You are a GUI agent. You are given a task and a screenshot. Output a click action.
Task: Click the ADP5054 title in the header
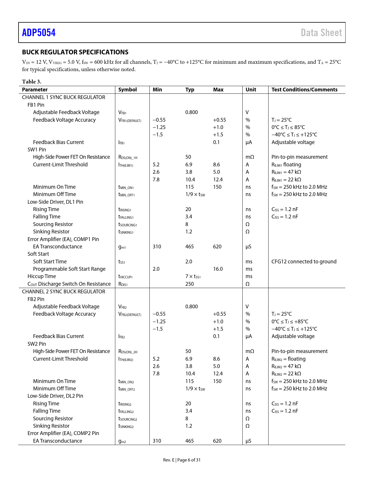(x=39, y=33)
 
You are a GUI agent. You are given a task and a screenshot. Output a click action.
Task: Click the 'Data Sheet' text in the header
(x=321, y=33)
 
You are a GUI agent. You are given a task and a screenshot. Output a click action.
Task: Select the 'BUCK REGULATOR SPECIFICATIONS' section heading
(x=75, y=52)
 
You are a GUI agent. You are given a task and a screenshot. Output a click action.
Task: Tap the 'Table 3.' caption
(x=31, y=81)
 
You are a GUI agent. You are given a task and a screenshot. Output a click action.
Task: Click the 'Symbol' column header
(x=127, y=90)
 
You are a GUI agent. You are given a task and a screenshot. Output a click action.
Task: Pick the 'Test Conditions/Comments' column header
(x=304, y=90)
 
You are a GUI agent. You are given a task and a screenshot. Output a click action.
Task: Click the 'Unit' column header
(x=251, y=90)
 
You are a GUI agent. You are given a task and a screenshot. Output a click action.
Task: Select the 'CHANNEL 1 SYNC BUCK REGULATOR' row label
(x=64, y=97)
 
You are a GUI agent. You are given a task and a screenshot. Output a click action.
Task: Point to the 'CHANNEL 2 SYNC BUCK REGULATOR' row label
(x=64, y=292)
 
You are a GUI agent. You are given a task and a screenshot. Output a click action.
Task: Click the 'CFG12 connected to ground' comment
(x=304, y=262)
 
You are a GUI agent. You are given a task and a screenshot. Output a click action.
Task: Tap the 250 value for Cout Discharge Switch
(x=189, y=284)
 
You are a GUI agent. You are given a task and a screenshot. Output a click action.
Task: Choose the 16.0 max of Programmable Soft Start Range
(x=218, y=269)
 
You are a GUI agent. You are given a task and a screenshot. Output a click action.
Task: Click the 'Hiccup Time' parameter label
(x=41, y=276)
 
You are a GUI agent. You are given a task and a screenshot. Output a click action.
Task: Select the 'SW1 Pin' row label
(x=37, y=150)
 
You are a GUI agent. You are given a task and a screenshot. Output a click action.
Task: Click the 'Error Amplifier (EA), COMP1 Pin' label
(x=63, y=239)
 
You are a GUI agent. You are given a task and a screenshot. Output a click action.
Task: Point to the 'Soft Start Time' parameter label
(x=50, y=262)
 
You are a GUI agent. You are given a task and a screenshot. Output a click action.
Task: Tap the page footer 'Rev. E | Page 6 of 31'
(x=182, y=460)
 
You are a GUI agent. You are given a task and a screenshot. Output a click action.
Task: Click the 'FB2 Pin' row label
(x=36, y=299)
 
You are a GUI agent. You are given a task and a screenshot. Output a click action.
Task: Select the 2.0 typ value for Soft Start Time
(x=189, y=262)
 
